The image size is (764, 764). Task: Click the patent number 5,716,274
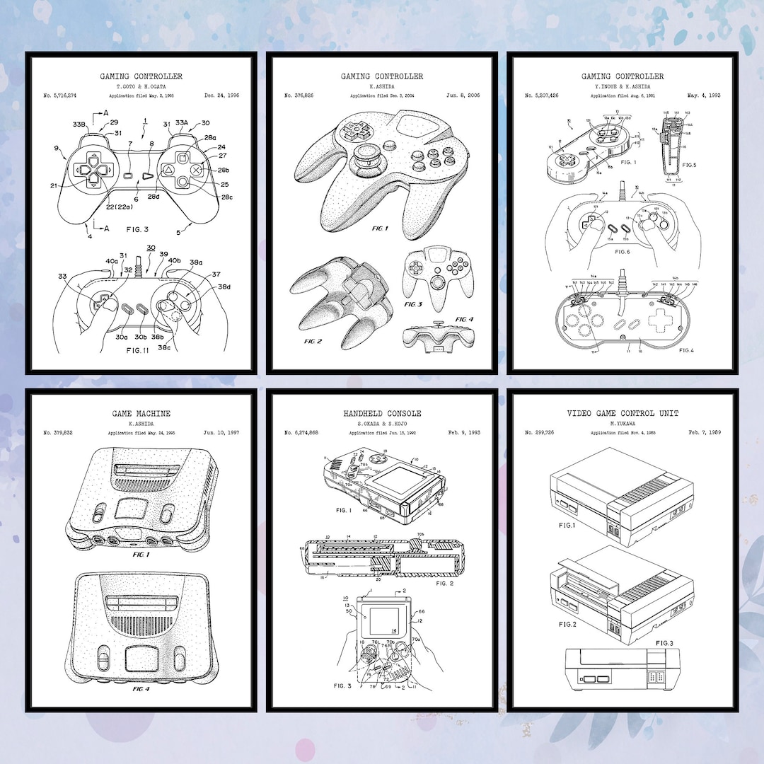(59, 95)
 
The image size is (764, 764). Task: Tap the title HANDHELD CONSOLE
(382, 413)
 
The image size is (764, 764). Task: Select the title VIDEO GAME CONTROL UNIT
(623, 413)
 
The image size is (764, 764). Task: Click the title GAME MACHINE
(141, 413)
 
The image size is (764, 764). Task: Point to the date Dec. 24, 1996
(221, 95)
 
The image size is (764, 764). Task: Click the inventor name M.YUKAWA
(623, 423)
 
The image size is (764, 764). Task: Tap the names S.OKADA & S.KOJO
(382, 423)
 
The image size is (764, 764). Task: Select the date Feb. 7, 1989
(704, 432)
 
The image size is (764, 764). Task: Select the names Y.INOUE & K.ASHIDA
(623, 86)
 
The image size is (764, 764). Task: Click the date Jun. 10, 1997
(221, 432)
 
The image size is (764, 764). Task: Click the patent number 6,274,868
(301, 432)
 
